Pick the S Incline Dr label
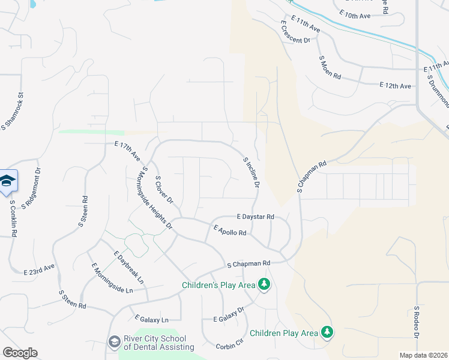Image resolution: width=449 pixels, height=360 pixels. tap(251, 172)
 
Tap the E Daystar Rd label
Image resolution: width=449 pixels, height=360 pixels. tap(255, 216)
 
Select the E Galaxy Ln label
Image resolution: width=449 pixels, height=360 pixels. tap(152, 319)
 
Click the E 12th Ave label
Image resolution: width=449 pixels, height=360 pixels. tap(395, 86)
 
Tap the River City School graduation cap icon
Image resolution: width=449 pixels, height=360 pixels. tap(113, 341)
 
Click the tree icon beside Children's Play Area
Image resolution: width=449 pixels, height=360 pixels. tap(264, 284)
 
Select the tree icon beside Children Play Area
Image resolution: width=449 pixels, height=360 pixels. tap(327, 332)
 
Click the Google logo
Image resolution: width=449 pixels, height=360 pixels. tap(20, 353)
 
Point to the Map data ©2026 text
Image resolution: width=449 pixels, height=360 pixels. tap(423, 355)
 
